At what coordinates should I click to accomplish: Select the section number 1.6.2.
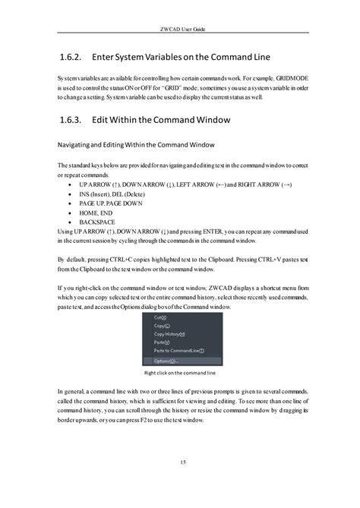pyautogui.click(x=71, y=58)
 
